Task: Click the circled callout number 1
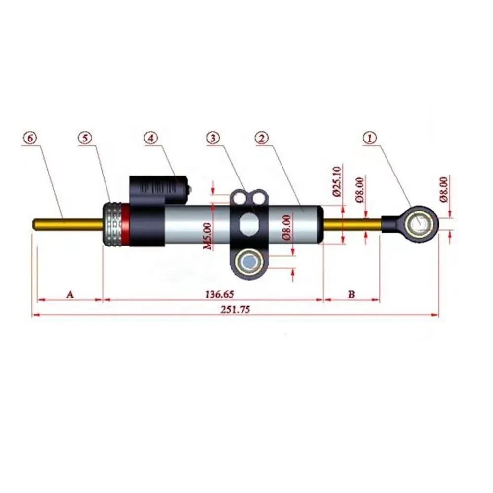coord(370,138)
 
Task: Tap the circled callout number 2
coord(262,138)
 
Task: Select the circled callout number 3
coord(213,138)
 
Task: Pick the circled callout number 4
coord(151,138)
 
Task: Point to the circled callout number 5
coord(85,138)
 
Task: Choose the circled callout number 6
coord(30,138)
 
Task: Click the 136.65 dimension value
coord(219,294)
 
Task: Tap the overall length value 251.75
coord(235,310)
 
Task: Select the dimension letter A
coord(70,294)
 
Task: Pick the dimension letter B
coord(352,294)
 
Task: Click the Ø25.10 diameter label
coord(336,181)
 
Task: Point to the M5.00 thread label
coord(208,236)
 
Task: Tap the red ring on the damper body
coord(126,224)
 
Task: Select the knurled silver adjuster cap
coord(112,224)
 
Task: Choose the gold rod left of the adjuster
coord(68,224)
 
